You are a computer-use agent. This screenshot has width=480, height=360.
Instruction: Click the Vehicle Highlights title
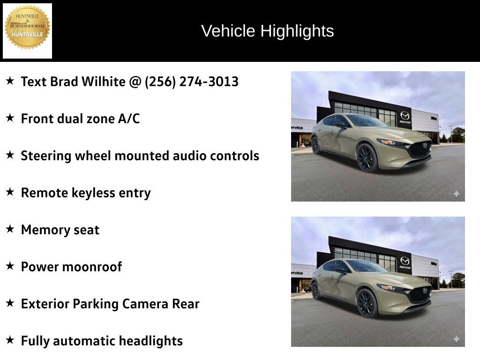click(267, 31)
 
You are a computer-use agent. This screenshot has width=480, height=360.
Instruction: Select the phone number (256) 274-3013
click(191, 82)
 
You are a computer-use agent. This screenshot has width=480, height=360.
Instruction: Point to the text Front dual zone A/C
click(80, 119)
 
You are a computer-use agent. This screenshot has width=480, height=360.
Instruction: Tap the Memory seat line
click(60, 230)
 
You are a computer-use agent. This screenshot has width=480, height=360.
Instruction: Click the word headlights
click(150, 341)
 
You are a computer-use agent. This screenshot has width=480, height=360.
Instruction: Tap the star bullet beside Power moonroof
click(10, 266)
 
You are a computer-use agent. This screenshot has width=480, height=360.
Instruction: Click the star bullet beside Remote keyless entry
click(10, 192)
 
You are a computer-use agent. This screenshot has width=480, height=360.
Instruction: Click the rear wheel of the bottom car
click(316, 290)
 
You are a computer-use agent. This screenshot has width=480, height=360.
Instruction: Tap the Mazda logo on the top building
click(405, 115)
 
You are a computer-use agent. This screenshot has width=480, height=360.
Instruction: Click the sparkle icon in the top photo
click(456, 194)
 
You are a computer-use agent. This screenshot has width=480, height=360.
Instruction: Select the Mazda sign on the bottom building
click(405, 262)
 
